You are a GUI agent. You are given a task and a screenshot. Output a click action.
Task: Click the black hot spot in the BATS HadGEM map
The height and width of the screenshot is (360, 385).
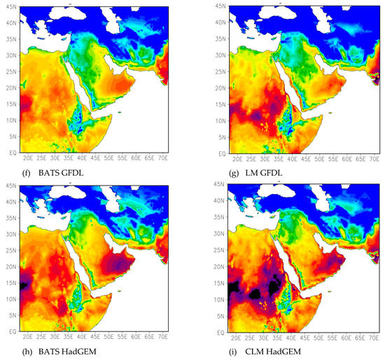(24, 285)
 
